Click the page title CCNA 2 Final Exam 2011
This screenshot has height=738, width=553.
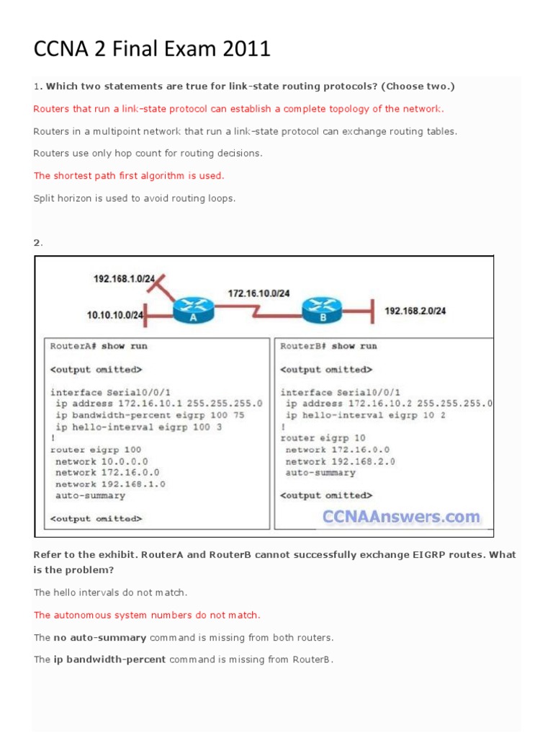pyautogui.click(x=152, y=50)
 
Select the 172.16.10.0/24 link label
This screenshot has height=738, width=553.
pyautogui.click(x=258, y=293)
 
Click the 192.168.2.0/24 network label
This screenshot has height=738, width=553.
pyautogui.click(x=415, y=311)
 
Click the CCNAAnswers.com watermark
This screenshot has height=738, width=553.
pyautogui.click(x=401, y=516)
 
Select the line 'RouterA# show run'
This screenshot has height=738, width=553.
pyautogui.click(x=99, y=346)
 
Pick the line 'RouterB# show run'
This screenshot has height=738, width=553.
pyautogui.click(x=328, y=346)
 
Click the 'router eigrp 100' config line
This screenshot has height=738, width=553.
pyautogui.click(x=96, y=450)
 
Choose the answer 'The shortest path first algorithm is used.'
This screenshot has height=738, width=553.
pyautogui.click(x=129, y=175)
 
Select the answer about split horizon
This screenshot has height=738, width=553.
pyautogui.click(x=134, y=198)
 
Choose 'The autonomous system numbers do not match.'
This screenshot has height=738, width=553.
pyautogui.click(x=147, y=615)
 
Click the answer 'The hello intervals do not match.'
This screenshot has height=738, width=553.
pyautogui.click(x=110, y=592)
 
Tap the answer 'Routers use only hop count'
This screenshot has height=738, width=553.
pyautogui.click(x=148, y=154)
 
